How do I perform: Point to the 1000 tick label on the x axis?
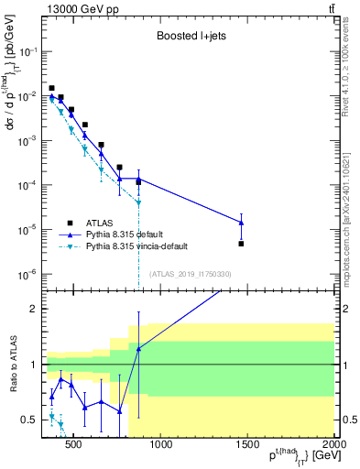click(x=160, y=445)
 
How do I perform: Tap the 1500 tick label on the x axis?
click(x=246, y=445)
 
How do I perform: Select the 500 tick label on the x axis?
click(x=74, y=445)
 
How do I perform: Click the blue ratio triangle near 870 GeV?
click(x=138, y=348)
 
